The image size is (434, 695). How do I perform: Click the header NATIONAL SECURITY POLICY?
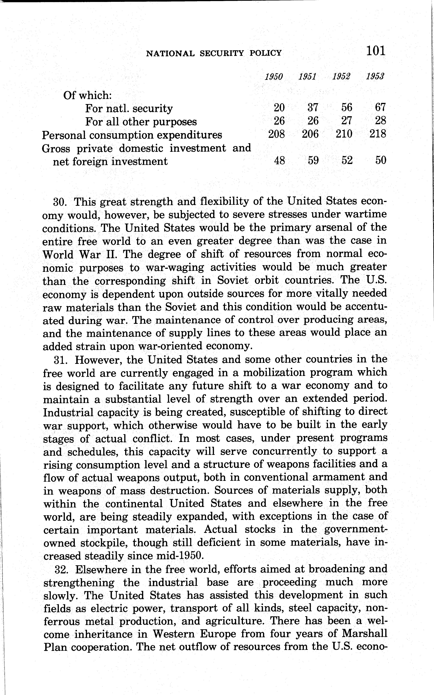pyautogui.click(x=214, y=53)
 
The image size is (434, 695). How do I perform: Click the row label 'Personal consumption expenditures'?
pyautogui.click(x=132, y=135)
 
